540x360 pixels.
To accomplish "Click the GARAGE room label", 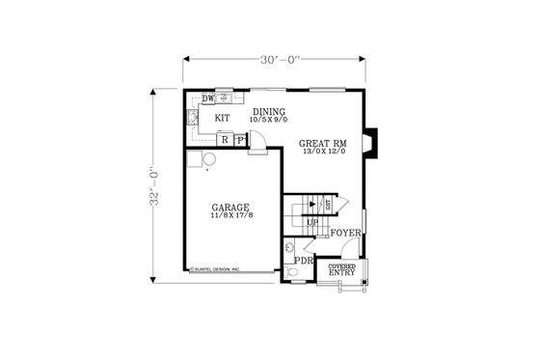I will click(x=231, y=207).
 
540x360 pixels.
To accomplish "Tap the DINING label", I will click(x=270, y=112).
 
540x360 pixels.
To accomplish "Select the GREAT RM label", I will click(x=322, y=142).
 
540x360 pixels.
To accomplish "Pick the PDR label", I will click(x=304, y=261).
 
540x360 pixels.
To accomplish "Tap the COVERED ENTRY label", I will click(x=341, y=269).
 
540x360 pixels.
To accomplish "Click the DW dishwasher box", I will click(x=207, y=98).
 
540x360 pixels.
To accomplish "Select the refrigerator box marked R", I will click(x=225, y=140).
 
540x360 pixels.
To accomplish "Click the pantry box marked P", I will click(x=238, y=140).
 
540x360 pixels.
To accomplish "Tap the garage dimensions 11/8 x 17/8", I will click(x=231, y=215).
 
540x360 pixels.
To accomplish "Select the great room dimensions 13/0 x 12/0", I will click(x=322, y=151).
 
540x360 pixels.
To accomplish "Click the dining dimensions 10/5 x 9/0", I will click(x=270, y=121).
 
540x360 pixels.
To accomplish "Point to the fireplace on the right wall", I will click(x=372, y=142).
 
